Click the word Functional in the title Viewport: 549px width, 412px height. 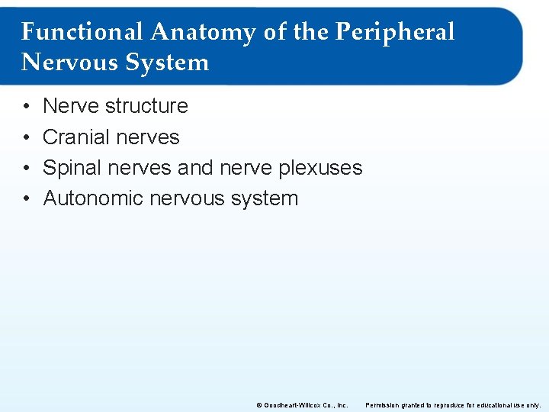pos(82,32)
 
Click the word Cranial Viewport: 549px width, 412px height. pos(75,137)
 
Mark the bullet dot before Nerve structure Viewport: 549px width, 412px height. pos(26,107)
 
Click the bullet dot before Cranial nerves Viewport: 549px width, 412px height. pos(26,138)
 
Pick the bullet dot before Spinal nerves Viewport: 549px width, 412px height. pos(26,169)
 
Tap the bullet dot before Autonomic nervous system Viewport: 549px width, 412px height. pos(26,199)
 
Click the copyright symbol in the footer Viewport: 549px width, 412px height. pos(260,404)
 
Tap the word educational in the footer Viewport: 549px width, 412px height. pos(496,404)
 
